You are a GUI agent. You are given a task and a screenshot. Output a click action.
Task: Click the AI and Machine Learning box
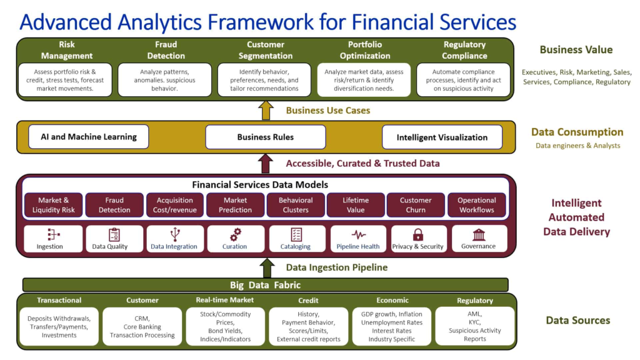[x=88, y=137]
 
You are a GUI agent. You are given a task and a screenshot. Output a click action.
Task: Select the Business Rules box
[x=265, y=137]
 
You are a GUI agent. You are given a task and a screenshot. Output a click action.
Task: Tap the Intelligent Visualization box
[x=442, y=137]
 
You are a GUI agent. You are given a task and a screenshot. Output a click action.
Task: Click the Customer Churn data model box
[x=416, y=205]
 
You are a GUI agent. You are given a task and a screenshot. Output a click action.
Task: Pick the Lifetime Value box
[x=356, y=205]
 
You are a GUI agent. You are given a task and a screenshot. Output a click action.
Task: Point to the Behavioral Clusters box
[x=296, y=205]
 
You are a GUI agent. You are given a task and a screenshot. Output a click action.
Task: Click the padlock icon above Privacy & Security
[x=417, y=235]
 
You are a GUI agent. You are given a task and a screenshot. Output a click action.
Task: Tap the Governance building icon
[x=479, y=235]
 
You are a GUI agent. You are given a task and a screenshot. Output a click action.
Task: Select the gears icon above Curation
[x=236, y=235]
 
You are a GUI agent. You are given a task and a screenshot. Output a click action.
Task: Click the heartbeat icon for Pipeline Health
[x=358, y=235]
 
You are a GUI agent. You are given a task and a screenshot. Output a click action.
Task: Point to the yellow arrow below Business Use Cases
[x=266, y=110]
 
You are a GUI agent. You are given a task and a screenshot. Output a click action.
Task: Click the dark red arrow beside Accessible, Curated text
[x=266, y=164]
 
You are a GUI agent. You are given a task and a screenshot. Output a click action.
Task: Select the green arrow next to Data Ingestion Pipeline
[x=267, y=268]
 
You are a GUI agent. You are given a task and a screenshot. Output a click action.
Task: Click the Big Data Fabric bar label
[x=265, y=285]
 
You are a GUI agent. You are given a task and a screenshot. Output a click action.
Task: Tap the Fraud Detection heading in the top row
[x=166, y=50]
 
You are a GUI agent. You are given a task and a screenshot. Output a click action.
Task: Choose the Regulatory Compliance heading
[x=464, y=50]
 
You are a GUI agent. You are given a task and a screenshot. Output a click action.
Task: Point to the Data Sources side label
[x=577, y=321]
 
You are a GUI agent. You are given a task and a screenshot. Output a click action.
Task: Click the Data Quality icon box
[x=114, y=238]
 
